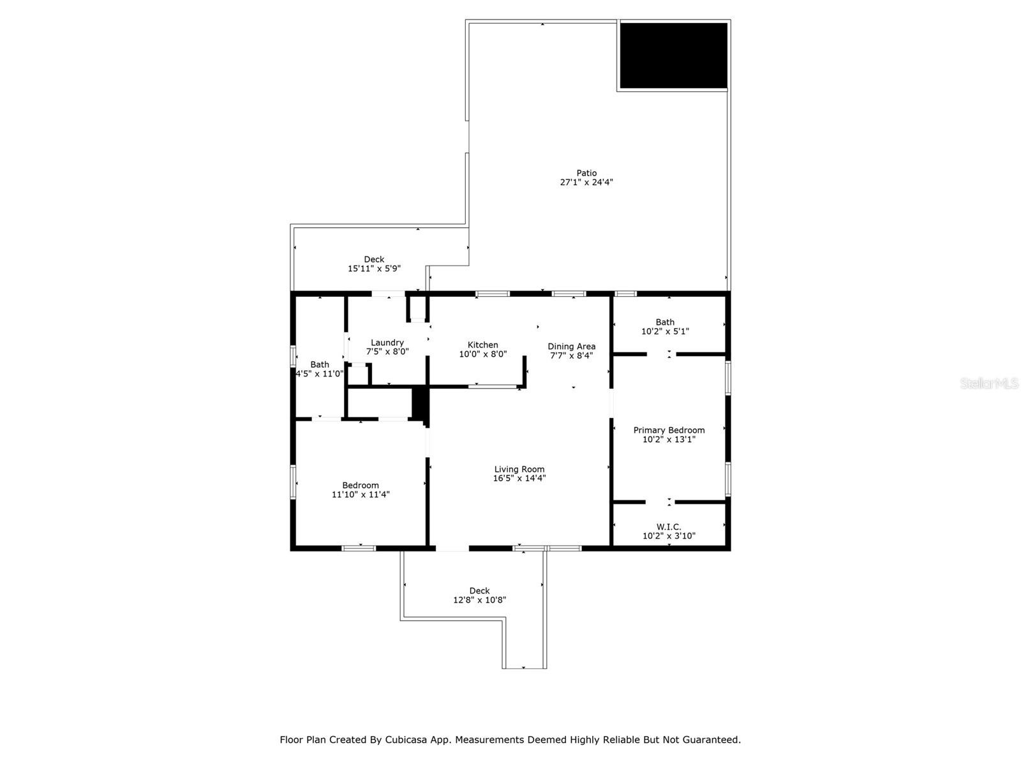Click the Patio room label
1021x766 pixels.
point(586,173)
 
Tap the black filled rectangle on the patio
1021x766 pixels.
point(673,56)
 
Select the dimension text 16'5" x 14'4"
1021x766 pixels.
point(519,478)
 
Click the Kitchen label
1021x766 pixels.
point(482,345)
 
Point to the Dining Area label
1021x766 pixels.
point(571,347)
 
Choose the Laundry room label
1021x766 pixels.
point(387,343)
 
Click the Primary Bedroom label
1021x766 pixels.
point(669,430)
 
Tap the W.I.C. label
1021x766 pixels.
point(669,527)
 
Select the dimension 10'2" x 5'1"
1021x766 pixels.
point(665,331)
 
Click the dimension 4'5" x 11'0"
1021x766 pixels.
point(320,374)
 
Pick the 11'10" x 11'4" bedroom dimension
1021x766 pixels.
point(361,494)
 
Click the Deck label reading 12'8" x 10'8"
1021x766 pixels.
point(479,590)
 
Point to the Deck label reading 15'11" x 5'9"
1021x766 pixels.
point(374,259)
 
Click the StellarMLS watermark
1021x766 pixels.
point(989,383)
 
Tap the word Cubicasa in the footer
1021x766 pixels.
point(406,740)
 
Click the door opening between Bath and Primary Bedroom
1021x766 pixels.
point(662,354)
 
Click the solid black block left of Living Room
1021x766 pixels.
point(419,403)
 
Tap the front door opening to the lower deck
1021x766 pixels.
point(452,548)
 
